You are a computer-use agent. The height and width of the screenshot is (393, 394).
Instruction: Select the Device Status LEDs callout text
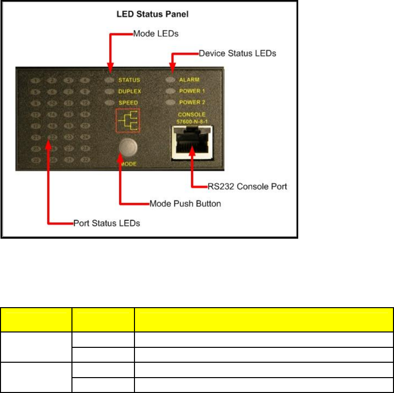pos(237,52)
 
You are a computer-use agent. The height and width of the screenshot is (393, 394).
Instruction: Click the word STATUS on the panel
pos(129,80)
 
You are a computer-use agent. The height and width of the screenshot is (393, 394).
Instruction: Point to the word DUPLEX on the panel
pos(129,91)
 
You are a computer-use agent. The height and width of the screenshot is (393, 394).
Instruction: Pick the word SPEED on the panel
pos(128,103)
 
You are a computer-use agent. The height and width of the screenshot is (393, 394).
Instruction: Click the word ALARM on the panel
pos(189,80)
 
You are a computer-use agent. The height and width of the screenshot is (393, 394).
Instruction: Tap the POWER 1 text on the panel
pos(192,91)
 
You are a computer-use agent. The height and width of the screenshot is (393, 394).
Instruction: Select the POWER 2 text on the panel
pos(192,103)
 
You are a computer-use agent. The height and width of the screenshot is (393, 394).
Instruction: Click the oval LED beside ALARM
pos(171,79)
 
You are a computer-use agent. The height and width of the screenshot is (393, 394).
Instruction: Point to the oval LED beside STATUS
pos(110,80)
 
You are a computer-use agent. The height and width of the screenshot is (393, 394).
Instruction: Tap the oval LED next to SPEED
pos(110,103)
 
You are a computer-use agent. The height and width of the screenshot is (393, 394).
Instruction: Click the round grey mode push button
pos(129,147)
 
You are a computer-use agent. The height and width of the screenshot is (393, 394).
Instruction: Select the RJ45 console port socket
pos(191,143)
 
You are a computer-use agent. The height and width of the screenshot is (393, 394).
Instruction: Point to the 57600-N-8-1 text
pos(191,121)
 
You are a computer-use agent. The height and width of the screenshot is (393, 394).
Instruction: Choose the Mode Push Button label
pos(186,203)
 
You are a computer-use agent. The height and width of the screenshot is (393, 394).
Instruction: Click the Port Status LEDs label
pos(107,223)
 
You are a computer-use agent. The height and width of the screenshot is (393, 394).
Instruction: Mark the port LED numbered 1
pos(35,80)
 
